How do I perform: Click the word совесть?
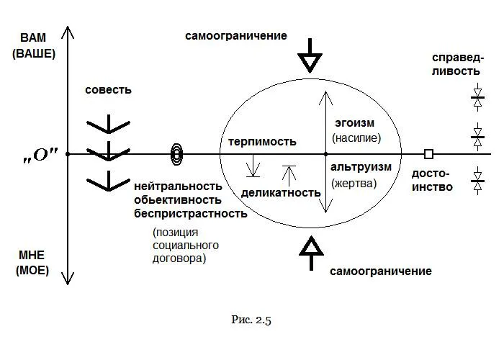[108, 90]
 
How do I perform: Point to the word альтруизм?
[361, 167]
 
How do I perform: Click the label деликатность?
[281, 193]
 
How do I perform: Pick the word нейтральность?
[176, 186]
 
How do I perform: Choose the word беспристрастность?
[190, 213]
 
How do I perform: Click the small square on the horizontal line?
[428, 154]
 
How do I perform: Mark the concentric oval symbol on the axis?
[176, 153]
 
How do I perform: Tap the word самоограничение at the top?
[235, 35]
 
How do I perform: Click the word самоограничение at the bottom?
[381, 271]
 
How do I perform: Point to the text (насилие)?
[355, 138]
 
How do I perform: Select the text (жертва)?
[354, 183]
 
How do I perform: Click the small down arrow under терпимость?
[253, 168]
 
